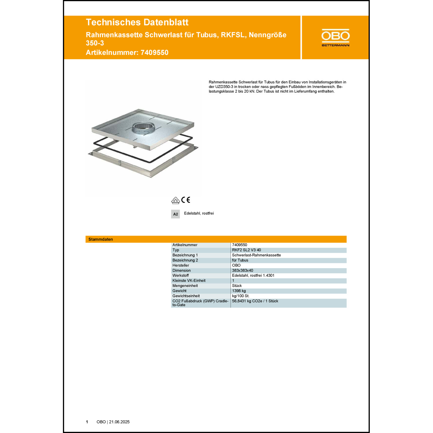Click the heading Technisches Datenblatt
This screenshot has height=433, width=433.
pos(137,22)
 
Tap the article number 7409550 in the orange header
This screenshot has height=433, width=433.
pos(154,53)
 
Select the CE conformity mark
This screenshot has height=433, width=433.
pos(186,200)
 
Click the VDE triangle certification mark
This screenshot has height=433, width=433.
pos(176,200)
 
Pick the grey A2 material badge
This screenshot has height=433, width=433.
pos(176,214)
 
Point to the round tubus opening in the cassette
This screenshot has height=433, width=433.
pos(143,127)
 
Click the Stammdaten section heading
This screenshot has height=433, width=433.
pos(101,239)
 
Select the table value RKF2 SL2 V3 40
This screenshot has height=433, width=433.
pos(246,250)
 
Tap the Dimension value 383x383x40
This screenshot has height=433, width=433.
pos(242,270)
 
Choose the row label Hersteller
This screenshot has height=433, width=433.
pos(181,265)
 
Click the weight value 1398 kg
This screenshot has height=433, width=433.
pos(239,291)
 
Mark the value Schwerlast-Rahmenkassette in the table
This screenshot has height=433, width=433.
pos(256,255)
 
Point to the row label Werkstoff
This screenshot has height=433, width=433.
pos(180,275)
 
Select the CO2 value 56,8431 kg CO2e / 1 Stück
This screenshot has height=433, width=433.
pos(255,301)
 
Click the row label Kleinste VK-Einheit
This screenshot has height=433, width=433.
pos(189,281)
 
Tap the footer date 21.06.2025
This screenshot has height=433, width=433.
pos(119,422)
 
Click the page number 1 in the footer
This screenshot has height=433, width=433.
pos(87,422)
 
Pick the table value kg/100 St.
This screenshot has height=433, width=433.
pos(240,296)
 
